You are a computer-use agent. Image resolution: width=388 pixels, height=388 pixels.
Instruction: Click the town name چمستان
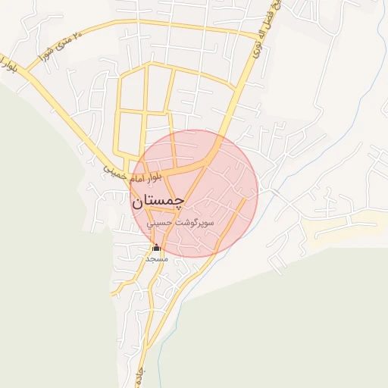tap(157, 202)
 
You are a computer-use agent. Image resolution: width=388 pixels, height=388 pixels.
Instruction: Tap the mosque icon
tap(156, 247)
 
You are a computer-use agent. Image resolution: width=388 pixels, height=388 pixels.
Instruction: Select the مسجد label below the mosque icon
tap(156, 258)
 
